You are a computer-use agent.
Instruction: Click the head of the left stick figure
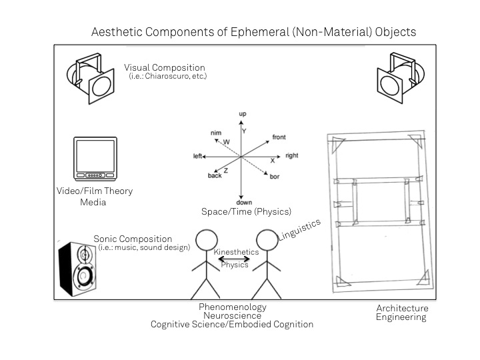click(x=207, y=240)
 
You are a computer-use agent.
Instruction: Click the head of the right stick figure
click(x=267, y=240)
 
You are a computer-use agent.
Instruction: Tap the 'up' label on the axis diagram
click(x=243, y=114)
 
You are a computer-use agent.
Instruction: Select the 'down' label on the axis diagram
click(x=243, y=202)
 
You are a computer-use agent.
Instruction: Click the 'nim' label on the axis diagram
click(x=215, y=133)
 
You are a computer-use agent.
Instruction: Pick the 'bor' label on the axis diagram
click(x=274, y=177)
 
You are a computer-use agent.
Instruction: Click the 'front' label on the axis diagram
click(x=279, y=137)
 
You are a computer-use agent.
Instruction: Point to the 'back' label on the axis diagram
click(x=214, y=175)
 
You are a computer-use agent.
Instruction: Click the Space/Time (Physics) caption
click(x=246, y=212)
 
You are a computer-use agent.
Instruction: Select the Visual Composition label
click(x=165, y=68)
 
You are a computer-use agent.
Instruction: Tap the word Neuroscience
click(x=232, y=316)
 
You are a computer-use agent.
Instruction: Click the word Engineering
click(x=402, y=318)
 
